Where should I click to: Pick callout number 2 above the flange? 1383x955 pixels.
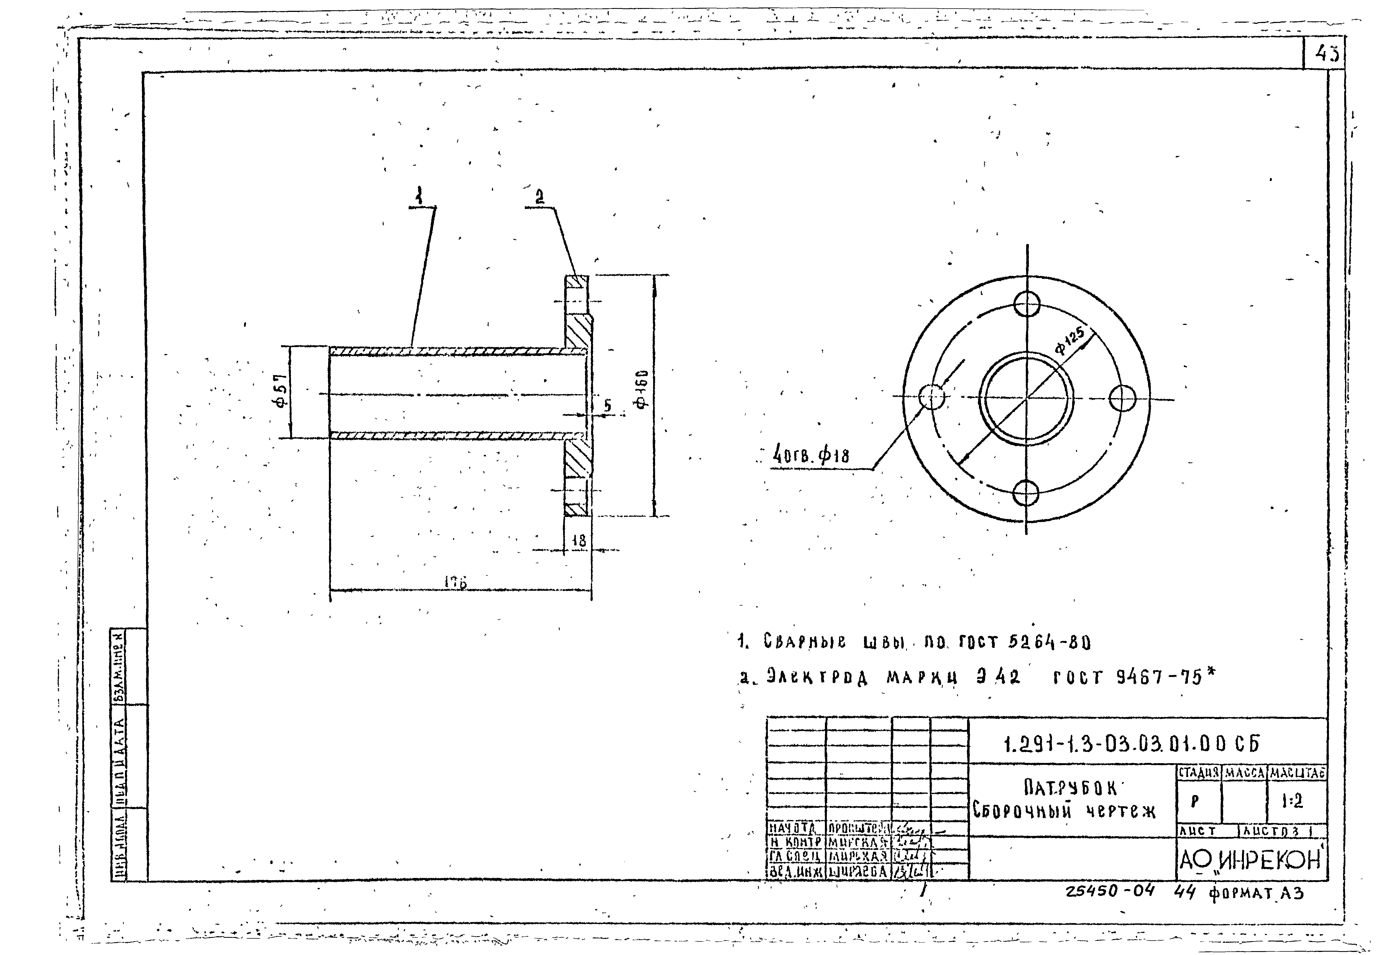pyautogui.click(x=540, y=196)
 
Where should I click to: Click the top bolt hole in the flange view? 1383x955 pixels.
pyautogui.click(x=1026, y=303)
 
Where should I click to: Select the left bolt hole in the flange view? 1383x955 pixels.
pyautogui.click(x=931, y=396)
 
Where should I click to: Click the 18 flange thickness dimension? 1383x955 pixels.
pyautogui.click(x=578, y=541)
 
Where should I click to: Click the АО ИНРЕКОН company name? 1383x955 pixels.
pyautogui.click(x=1250, y=860)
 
